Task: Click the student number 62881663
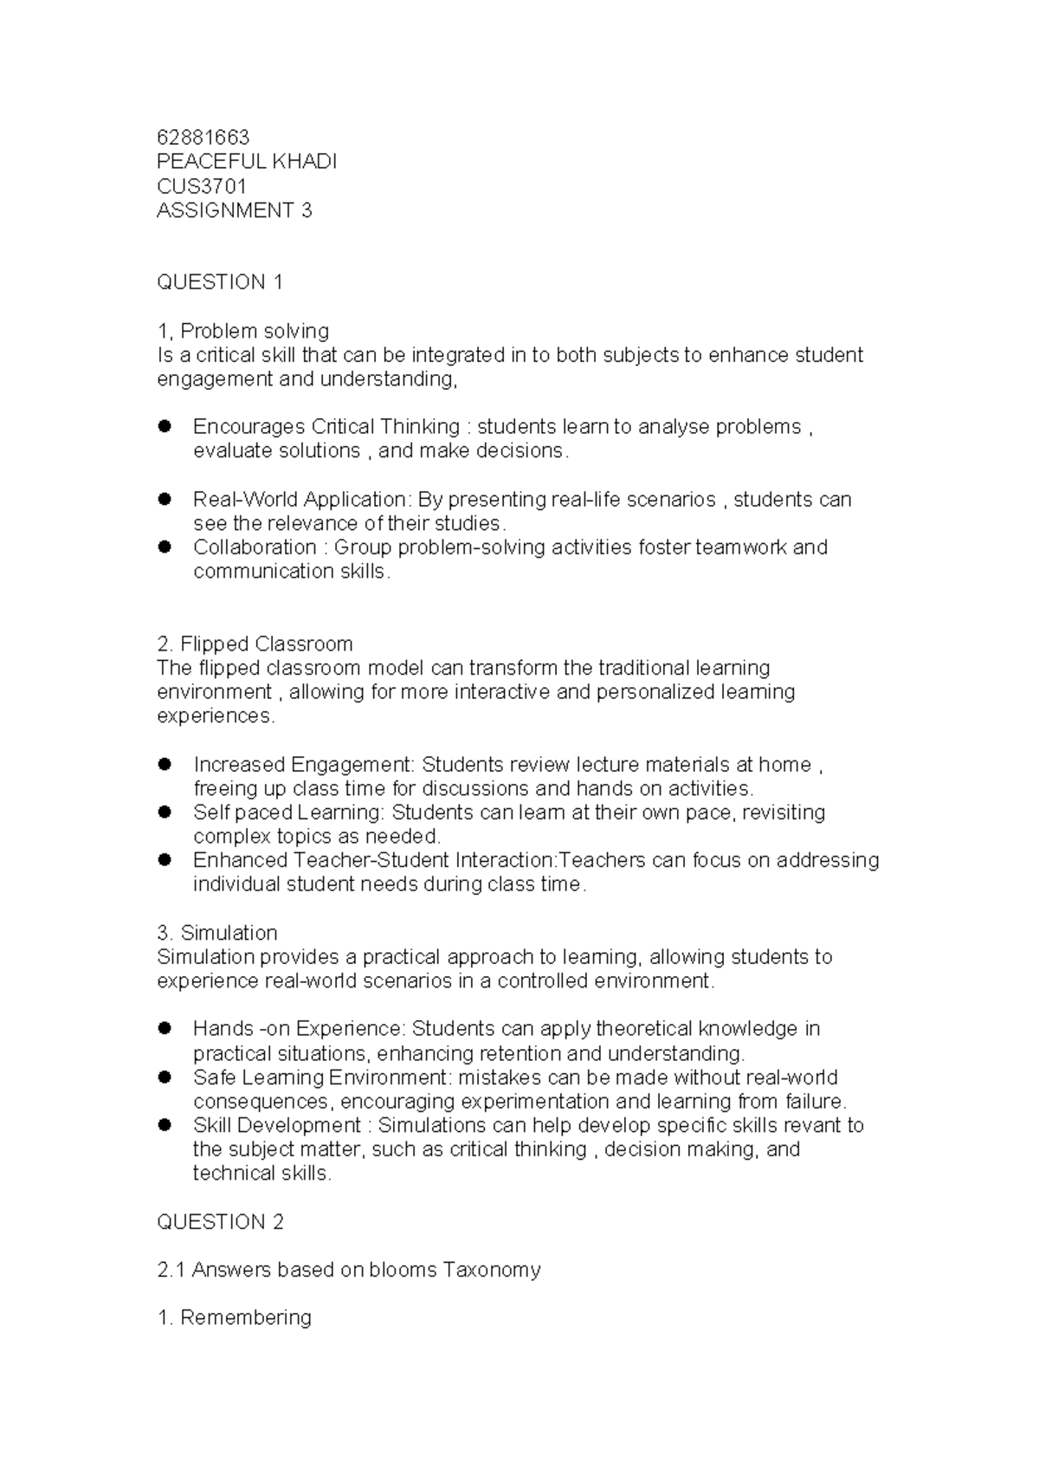pyautogui.click(x=203, y=138)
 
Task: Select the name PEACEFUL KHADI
pyautogui.click(x=247, y=162)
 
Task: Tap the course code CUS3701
pyautogui.click(x=202, y=186)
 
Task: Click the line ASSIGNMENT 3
pyautogui.click(x=234, y=210)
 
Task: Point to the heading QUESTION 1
pyautogui.click(x=220, y=282)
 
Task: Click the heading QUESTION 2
pyautogui.click(x=220, y=1221)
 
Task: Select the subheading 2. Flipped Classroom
pyautogui.click(x=255, y=644)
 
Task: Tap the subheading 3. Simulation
pyautogui.click(x=217, y=933)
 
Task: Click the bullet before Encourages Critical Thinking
pyautogui.click(x=165, y=426)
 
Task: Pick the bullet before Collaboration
pyautogui.click(x=165, y=547)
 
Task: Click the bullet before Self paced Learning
pyautogui.click(x=165, y=812)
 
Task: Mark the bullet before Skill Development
pyautogui.click(x=165, y=1125)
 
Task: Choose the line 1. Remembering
pyautogui.click(x=234, y=1317)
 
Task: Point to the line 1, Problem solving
pyautogui.click(x=242, y=331)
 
